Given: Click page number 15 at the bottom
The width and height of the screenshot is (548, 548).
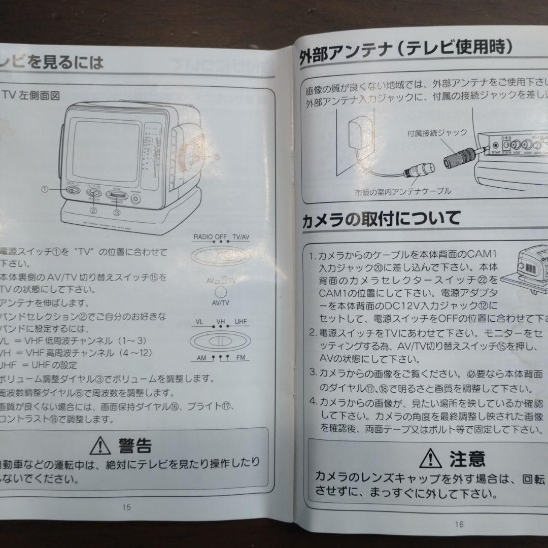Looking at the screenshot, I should pos(126,507).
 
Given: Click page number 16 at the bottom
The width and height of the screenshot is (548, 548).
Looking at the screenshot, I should pos(460,524).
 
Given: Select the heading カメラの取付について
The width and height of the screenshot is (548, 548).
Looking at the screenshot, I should pos(381,219).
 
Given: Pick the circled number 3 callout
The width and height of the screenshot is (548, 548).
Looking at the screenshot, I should pos(117,213).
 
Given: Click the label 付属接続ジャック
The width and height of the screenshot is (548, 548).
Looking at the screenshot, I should pos(437,133).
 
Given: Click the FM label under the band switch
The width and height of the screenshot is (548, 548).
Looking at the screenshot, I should pos(241,358).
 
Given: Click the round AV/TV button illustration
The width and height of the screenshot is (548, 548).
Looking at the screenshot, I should pos(220,292).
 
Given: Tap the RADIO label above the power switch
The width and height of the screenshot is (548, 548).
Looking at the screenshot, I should pos(203,237).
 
